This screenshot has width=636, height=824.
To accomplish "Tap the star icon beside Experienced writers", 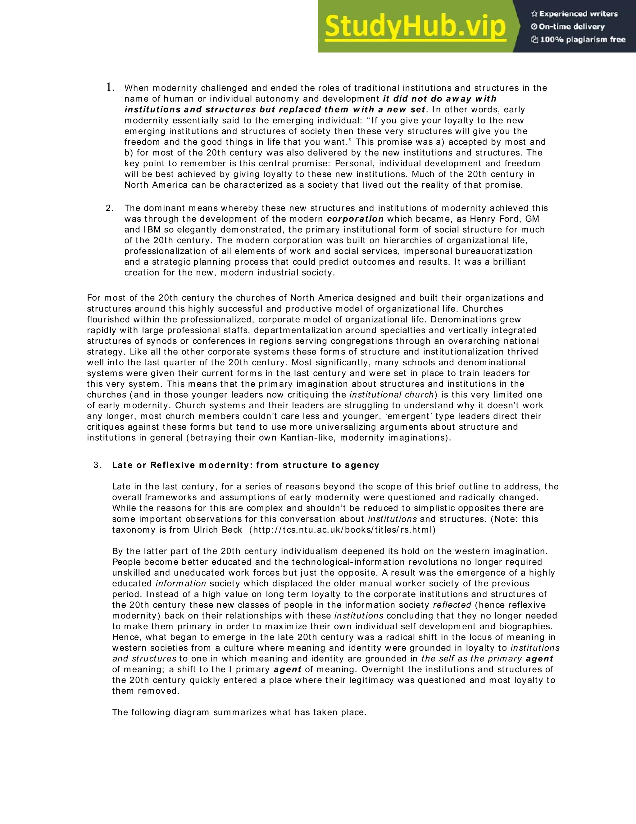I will tap(534, 14).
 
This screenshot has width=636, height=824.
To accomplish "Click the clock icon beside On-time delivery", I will tap(534, 27).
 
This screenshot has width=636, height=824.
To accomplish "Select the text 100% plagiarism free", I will tap(583, 39).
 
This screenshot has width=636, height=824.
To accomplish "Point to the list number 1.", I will tap(110, 88).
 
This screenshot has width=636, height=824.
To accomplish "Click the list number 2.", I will tap(109, 208).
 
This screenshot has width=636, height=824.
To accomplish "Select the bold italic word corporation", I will tap(355, 219).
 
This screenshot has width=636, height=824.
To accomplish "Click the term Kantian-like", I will tap(307, 438).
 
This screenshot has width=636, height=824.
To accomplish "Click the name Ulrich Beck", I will tap(218, 530).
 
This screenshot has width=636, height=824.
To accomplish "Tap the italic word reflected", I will tap(452, 605).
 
